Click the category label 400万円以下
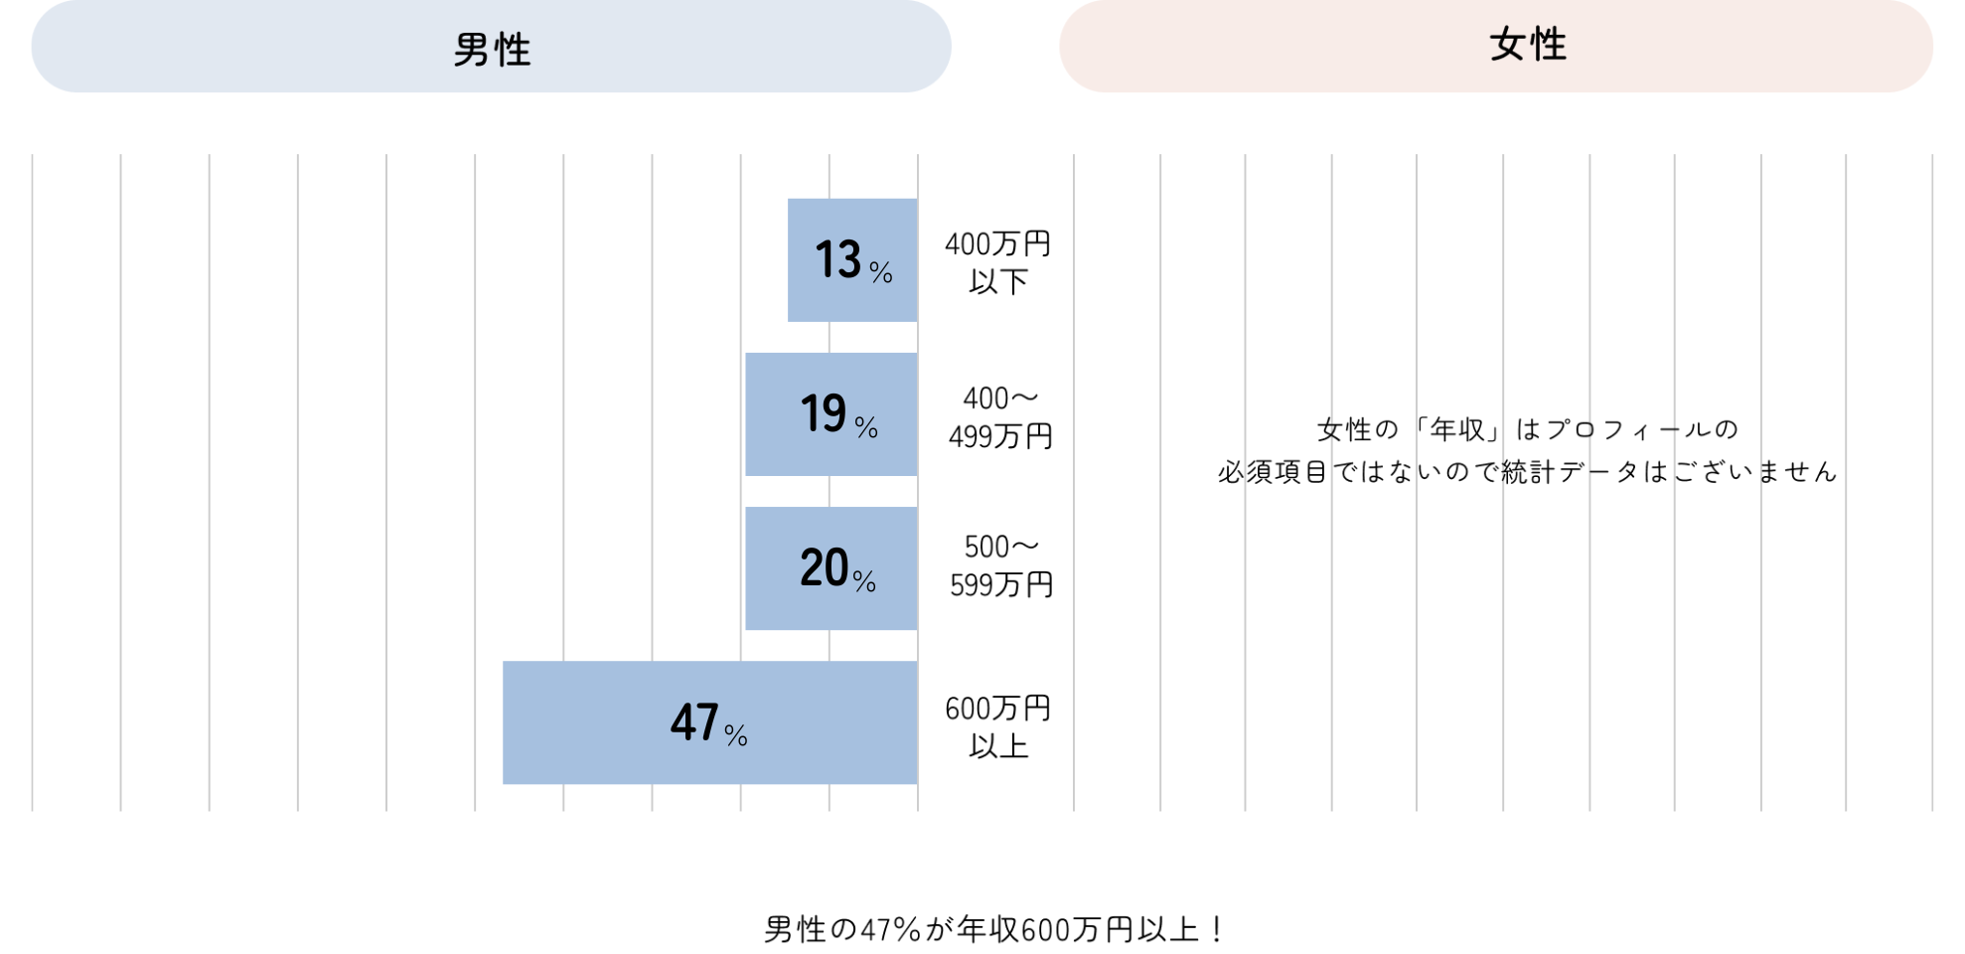[x=997, y=262]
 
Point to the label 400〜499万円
[x=1000, y=417]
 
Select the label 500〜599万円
[x=1001, y=565]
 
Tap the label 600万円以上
[x=997, y=726]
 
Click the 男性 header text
[x=492, y=50]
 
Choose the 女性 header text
[x=1528, y=46]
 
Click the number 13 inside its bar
[x=837, y=259]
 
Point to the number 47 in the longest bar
[x=694, y=722]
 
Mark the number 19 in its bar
[x=824, y=413]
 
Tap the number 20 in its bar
[x=824, y=567]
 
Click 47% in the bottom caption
[x=890, y=930]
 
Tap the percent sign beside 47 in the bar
[x=736, y=735]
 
